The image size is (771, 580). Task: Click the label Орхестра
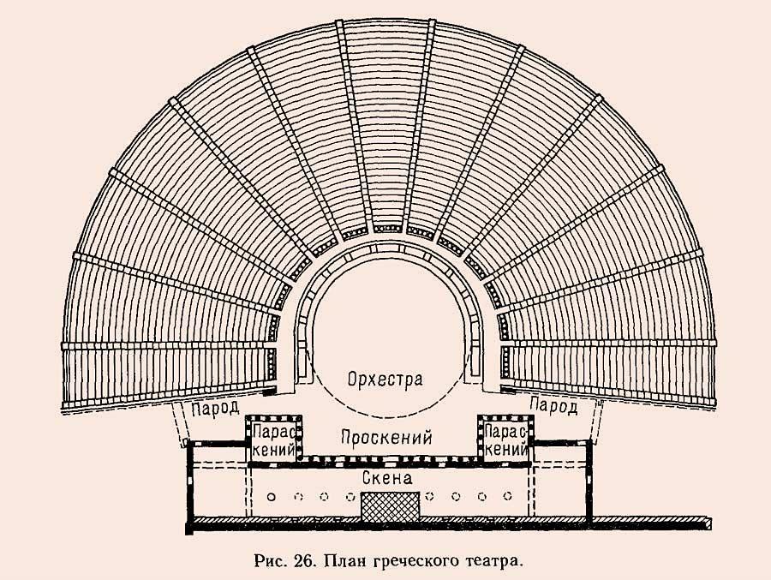pos(385,380)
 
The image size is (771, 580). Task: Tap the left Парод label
pos(215,408)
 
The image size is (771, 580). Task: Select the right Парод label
pos(553,407)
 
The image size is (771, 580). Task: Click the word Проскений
pos(386,437)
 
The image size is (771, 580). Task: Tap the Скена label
pos(387,478)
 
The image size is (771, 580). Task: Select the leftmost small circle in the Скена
pos(271,497)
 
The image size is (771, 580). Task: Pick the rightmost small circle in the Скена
pos(508,496)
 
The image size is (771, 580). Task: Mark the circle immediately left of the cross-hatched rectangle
pos(350,497)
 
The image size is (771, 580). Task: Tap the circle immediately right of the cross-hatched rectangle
pos(430,496)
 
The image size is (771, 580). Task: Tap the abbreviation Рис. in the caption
pos(270,561)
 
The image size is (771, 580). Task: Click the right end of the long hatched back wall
pos(711,523)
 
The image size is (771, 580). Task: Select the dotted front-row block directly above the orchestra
pos(387,228)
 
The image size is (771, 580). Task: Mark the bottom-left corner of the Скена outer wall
pos(187,533)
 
